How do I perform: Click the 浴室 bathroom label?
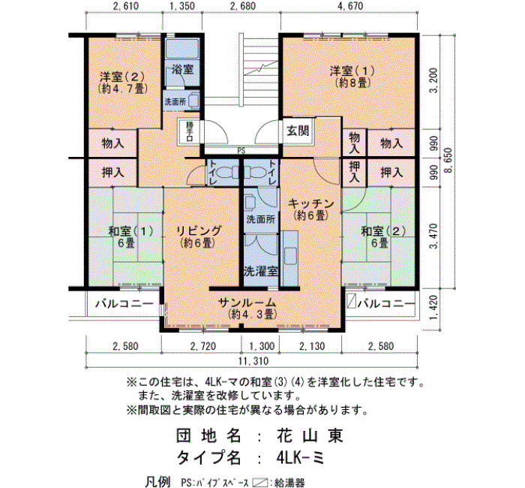183,69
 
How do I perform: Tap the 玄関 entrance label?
298,131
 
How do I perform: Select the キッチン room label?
311,203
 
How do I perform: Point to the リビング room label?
199,230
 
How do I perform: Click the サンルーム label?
247,302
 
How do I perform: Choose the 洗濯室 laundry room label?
261,271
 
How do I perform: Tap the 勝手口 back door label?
190,131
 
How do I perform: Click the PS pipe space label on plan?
241,151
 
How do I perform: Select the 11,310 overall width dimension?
253,361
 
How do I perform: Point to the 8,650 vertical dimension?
448,160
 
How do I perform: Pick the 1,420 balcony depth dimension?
434,307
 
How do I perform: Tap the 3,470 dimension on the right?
434,236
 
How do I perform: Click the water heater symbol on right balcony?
351,301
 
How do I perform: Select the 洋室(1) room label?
352,71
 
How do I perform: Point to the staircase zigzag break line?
261,68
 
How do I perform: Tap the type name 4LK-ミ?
301,457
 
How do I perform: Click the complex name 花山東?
310,435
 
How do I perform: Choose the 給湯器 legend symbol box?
260,482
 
